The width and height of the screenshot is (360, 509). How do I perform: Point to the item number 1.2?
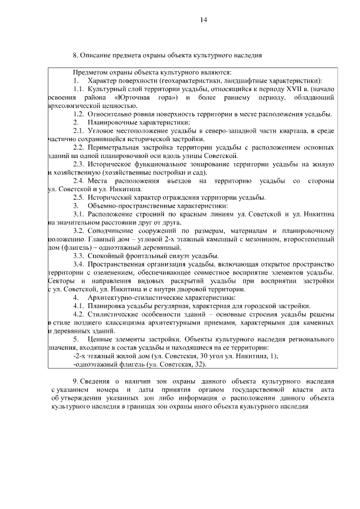[x=79, y=114]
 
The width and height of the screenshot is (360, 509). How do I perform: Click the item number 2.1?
[x=79, y=130]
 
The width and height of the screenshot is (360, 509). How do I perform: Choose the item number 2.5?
[x=79, y=197]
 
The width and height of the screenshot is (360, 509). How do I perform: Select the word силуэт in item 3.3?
[x=176, y=255]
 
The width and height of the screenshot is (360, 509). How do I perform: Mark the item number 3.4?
[x=79, y=264]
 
